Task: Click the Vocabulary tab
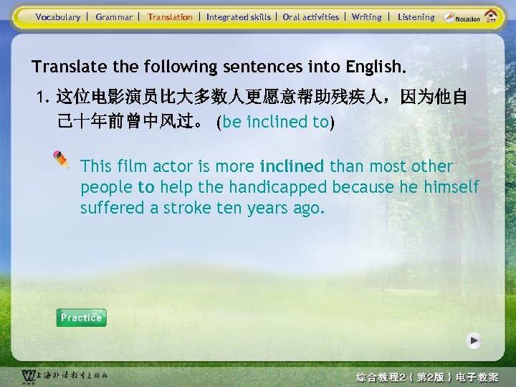click(58, 16)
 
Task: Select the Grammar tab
click(114, 16)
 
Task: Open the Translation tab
click(170, 16)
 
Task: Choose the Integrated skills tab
click(239, 16)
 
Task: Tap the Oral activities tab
click(310, 16)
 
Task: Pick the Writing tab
click(366, 16)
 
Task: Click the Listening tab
click(416, 16)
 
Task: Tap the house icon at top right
click(491, 16)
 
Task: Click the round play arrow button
click(473, 340)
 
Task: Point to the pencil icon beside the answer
click(62, 161)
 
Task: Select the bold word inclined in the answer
click(292, 166)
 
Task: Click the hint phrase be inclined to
click(275, 122)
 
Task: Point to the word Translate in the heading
click(66, 67)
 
